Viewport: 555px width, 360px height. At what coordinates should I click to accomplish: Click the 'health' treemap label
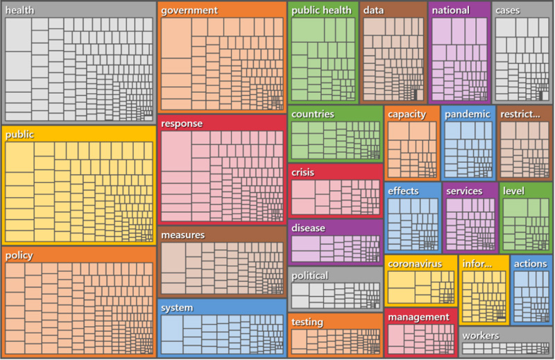[20, 10]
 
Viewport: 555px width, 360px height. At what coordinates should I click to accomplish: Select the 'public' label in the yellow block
[20, 135]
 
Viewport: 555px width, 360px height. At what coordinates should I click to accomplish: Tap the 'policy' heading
[19, 255]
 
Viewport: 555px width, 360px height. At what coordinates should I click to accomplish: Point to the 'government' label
[189, 10]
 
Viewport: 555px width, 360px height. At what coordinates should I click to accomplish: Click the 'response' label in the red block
[182, 123]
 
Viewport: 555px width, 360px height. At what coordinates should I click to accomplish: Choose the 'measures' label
[182, 235]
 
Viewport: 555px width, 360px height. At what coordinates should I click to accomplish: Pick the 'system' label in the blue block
[177, 307]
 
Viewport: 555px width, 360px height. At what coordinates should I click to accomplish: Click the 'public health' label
[321, 10]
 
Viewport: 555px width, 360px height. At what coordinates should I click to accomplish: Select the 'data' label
[373, 10]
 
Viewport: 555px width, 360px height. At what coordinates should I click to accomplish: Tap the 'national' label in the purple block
[450, 10]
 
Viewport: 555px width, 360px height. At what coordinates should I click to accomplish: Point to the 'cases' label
[507, 10]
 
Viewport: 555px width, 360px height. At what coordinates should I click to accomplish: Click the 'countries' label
[312, 114]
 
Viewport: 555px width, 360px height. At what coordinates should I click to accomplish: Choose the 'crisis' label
[303, 172]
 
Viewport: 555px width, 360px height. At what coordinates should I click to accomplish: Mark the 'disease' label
[308, 228]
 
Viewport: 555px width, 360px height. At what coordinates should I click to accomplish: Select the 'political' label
[309, 275]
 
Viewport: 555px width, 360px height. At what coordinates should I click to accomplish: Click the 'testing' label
[307, 322]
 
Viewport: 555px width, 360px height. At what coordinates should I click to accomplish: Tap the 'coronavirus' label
[415, 264]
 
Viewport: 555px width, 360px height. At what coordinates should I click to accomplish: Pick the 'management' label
[418, 317]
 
